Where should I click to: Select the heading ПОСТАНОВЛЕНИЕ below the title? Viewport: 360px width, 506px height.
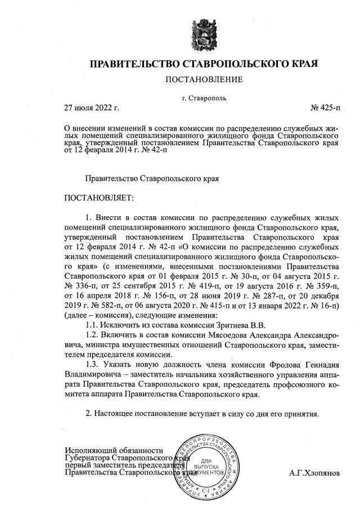[x=204, y=79]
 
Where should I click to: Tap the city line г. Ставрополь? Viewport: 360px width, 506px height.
[x=204, y=97]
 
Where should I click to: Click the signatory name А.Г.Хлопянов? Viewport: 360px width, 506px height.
[x=315, y=473]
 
